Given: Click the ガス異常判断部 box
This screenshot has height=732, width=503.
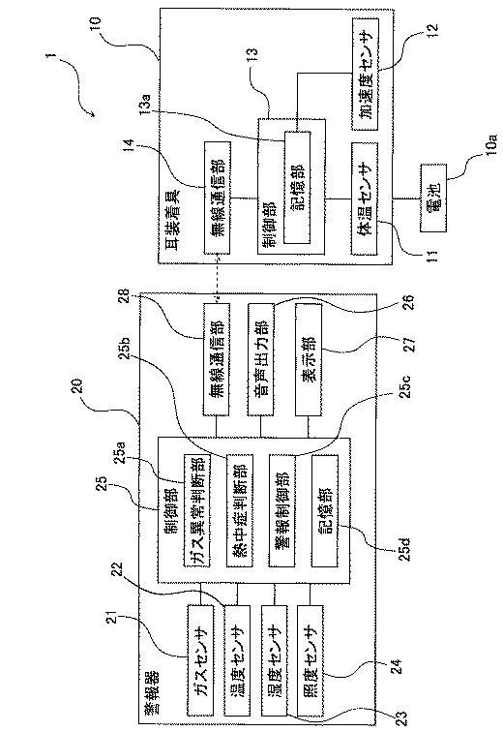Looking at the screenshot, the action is (x=196, y=510).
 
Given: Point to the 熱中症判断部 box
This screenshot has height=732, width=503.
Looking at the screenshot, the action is (x=240, y=510).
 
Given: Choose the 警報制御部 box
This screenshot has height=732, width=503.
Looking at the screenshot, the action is (x=282, y=510).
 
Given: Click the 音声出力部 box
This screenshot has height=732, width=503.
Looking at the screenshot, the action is (x=261, y=359).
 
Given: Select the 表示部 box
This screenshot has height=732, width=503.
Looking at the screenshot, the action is (x=308, y=359).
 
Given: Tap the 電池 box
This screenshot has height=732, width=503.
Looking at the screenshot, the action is (x=433, y=198).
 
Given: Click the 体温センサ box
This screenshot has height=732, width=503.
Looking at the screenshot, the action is (x=364, y=198).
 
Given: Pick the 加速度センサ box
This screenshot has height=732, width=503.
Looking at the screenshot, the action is (x=365, y=75).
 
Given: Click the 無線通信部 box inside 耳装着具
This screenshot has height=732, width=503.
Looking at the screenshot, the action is (x=218, y=198).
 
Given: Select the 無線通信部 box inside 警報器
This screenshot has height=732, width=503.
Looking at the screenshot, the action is (x=217, y=359).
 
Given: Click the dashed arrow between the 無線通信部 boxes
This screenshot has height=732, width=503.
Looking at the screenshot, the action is (x=218, y=279).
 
